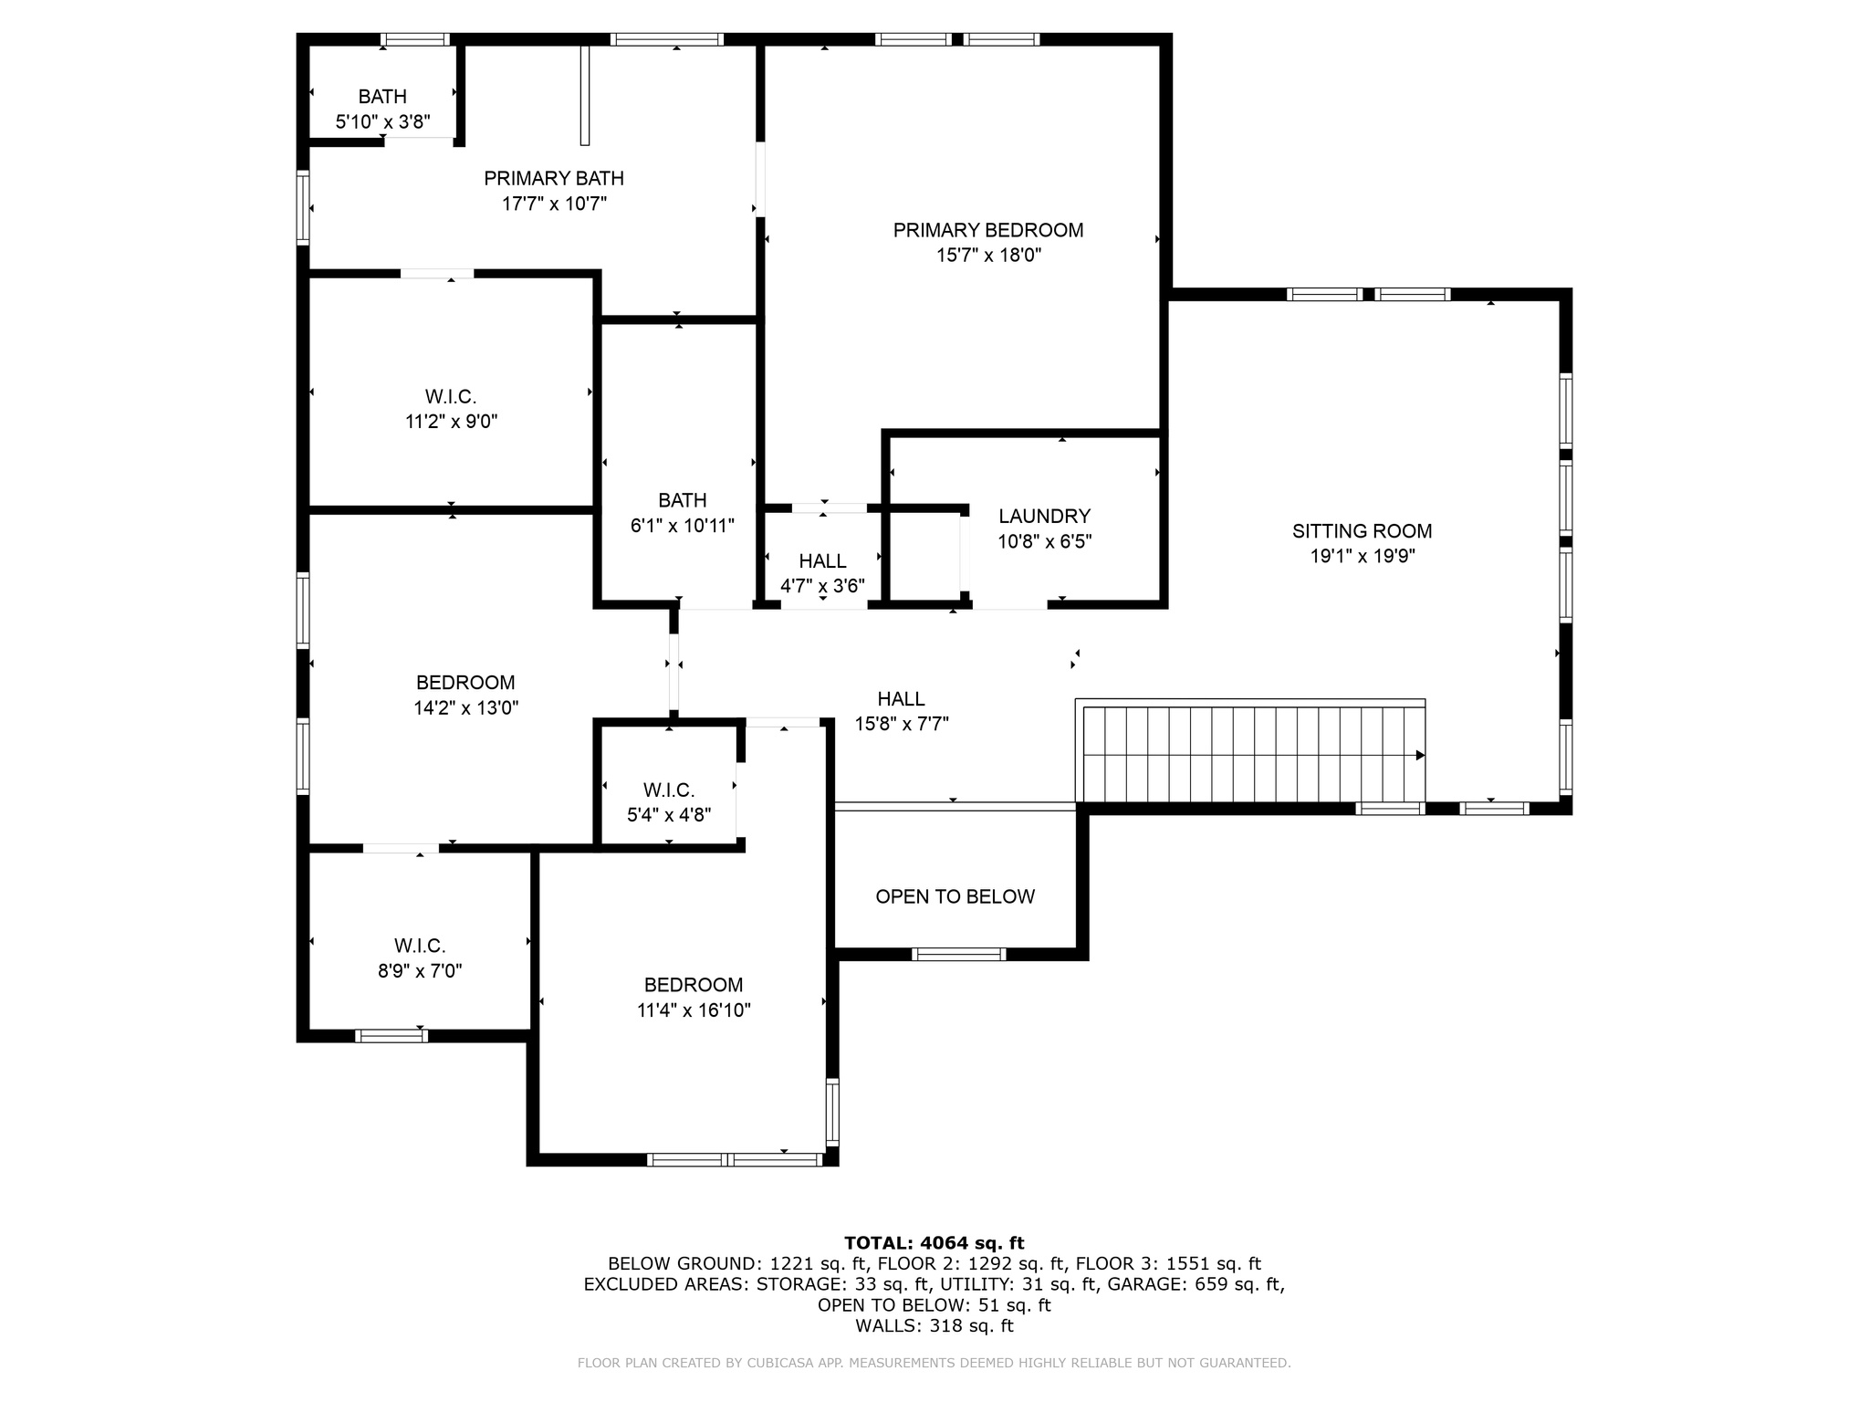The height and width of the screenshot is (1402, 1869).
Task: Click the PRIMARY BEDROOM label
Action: click(987, 230)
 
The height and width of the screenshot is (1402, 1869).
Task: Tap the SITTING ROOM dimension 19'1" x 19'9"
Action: click(1362, 556)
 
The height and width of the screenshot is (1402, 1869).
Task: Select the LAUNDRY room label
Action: click(1044, 517)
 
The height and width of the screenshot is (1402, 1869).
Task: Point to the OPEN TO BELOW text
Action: click(955, 896)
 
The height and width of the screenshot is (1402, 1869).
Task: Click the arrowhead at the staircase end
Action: click(1420, 755)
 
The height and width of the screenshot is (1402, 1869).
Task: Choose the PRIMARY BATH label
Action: click(553, 178)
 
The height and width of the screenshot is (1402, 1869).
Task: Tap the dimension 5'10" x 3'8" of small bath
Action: click(382, 121)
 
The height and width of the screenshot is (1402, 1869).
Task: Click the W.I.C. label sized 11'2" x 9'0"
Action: click(451, 397)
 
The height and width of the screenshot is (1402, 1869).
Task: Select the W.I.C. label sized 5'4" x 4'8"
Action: click(668, 790)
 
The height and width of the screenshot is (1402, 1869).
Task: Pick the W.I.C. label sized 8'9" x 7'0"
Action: click(420, 946)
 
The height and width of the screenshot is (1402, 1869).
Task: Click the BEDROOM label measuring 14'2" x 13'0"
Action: click(465, 683)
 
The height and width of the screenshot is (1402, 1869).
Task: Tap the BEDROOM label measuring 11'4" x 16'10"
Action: click(694, 985)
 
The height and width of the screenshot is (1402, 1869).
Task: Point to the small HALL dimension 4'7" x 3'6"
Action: click(822, 586)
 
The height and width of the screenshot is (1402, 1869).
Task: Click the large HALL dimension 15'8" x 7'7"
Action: click(901, 724)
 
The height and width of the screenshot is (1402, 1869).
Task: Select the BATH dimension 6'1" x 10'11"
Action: click(682, 526)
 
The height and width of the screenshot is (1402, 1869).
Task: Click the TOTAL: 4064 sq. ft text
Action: click(934, 1242)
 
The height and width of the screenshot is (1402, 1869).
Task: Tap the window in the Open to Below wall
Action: click(958, 954)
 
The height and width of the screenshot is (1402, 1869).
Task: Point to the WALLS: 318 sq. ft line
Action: click(934, 1325)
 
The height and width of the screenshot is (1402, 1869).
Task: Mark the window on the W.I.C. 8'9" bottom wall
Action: click(391, 1035)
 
